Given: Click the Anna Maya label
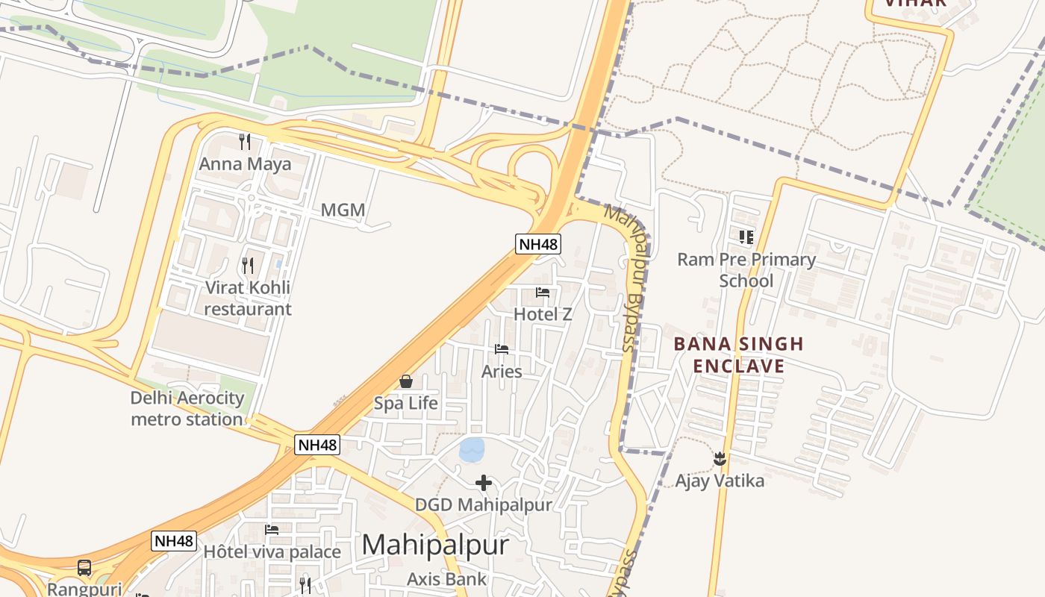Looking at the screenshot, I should tap(245, 163).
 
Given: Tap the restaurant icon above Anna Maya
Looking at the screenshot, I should tap(245, 141).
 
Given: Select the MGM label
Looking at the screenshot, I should tap(343, 210).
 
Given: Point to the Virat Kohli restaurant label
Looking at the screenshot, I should tap(247, 298).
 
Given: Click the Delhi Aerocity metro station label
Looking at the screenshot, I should tap(187, 408).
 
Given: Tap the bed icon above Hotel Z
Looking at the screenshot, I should tap(543, 293).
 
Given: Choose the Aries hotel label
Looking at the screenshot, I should tap(502, 371).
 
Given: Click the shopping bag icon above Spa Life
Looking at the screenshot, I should tap(406, 381).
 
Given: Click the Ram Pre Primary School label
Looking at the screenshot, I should tap(746, 270).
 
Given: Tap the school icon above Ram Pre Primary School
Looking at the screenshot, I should tap(746, 237).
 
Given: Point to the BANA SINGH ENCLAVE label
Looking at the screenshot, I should tap(738, 355).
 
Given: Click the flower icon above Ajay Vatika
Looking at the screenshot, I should tap(720, 458).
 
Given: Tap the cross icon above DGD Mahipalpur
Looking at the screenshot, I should tap(484, 483).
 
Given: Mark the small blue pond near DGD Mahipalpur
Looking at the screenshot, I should tap(472, 449).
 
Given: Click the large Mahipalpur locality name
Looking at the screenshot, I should tap(435, 546).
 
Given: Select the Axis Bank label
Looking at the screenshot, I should tap(446, 579).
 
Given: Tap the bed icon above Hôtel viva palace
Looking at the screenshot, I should tap(272, 530).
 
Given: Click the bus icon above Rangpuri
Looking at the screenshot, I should tap(84, 568).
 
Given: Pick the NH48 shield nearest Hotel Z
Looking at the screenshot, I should tap(537, 243).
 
